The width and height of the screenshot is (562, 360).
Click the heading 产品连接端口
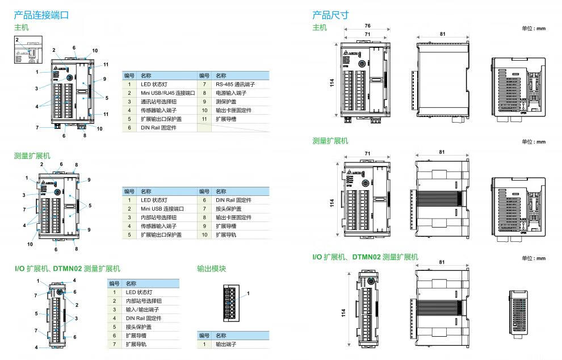(41, 15)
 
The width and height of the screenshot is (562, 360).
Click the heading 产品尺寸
(330, 15)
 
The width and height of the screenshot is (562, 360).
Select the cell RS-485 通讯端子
(232, 85)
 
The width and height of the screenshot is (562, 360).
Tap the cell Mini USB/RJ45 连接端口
(168, 93)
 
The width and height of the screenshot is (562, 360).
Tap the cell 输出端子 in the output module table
(226, 344)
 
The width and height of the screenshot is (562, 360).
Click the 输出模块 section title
(211, 269)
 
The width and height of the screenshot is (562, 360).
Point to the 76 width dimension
(367, 26)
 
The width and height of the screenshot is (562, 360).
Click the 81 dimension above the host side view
(442, 34)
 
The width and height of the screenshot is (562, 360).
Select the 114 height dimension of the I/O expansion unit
(342, 313)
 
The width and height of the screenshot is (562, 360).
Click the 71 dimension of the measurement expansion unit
(367, 153)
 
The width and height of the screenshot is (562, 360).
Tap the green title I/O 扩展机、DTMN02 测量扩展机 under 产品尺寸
(364, 257)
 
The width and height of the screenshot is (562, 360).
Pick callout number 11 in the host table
(204, 119)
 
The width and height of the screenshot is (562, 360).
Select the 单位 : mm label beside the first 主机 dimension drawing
(533, 27)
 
